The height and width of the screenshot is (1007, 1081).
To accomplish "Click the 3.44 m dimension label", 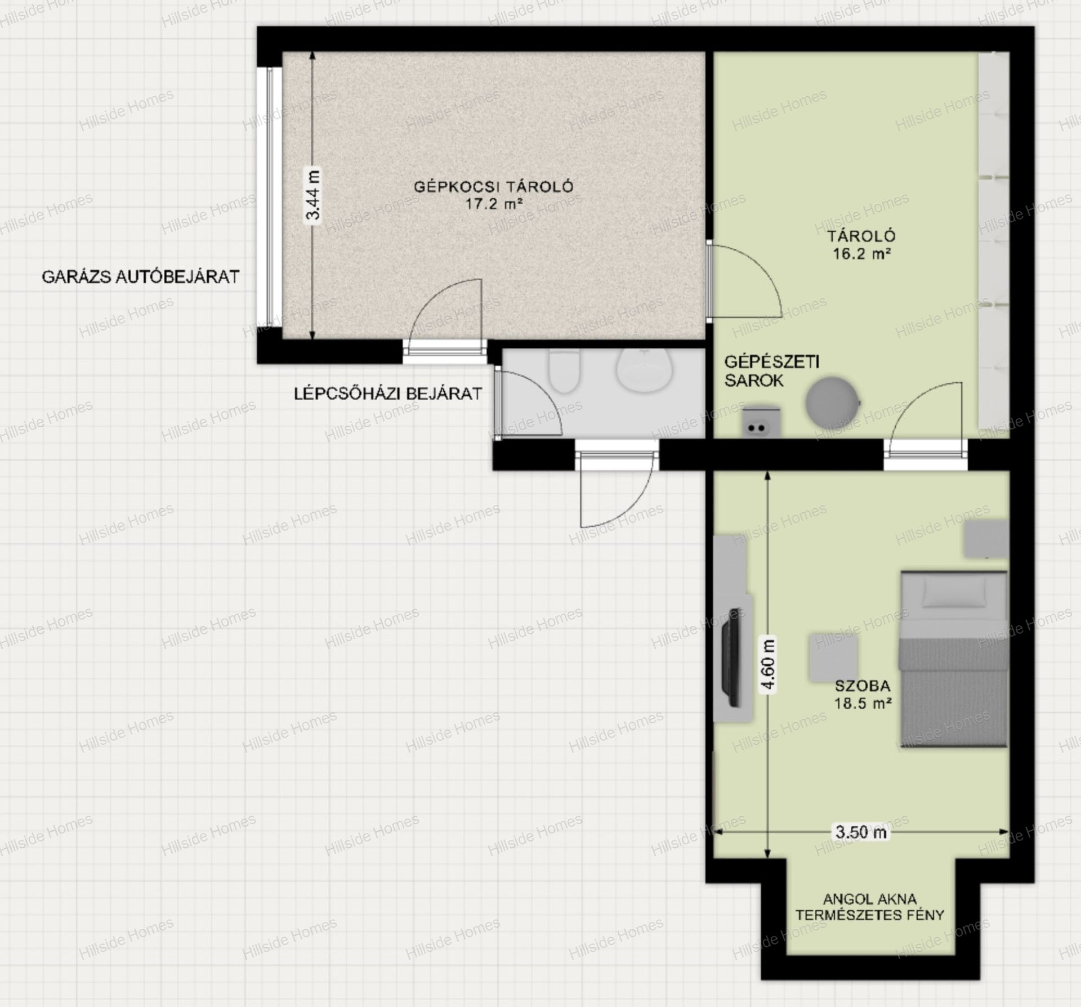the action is [x=312, y=195].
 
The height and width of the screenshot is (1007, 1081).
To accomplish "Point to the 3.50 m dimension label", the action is [x=860, y=831].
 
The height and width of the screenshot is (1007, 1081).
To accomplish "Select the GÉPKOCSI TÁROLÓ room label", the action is [x=493, y=186].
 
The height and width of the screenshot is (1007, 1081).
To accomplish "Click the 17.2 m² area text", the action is [x=494, y=203].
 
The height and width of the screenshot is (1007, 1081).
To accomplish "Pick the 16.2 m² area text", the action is [x=861, y=253].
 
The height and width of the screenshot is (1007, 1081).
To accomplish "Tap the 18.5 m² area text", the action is [x=863, y=703].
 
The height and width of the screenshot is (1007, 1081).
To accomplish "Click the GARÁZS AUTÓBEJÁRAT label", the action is [x=141, y=276].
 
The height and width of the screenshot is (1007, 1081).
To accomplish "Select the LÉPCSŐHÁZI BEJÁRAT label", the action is [x=388, y=393].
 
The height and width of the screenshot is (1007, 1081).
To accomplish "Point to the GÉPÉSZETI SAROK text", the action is [x=771, y=371].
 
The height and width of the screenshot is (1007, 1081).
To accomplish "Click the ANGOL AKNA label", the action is [x=869, y=899].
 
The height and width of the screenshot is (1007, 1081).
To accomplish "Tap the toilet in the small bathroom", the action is [x=564, y=371].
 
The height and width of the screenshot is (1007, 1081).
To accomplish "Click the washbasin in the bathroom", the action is [x=645, y=370].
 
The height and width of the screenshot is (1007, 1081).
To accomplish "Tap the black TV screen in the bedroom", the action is [x=734, y=657].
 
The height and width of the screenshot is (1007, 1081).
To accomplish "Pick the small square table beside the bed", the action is [x=834, y=657].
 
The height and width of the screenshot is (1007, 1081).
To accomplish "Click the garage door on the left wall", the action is [x=269, y=197].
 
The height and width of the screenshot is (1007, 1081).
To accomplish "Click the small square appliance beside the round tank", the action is [x=762, y=422].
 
